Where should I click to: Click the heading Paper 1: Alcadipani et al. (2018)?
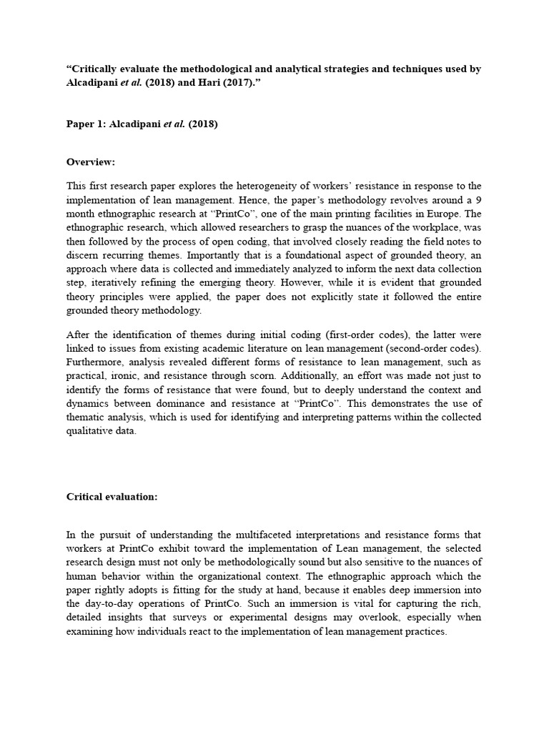click(142, 124)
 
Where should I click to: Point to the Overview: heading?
click(91, 162)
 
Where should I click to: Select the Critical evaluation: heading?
click(112, 497)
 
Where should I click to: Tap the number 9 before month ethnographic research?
click(478, 200)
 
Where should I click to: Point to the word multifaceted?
click(249, 535)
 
